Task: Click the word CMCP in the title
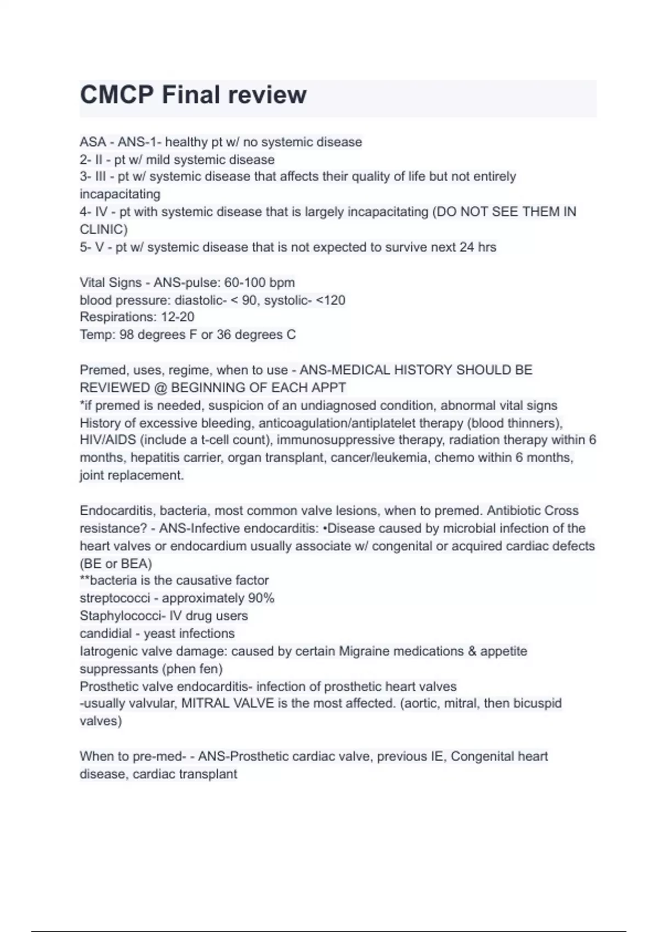[x=116, y=95]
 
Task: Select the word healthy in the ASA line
[x=186, y=142]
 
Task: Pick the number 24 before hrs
[x=467, y=247]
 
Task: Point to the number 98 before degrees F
[x=126, y=334]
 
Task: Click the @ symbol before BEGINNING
[x=161, y=388]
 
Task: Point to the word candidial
[x=106, y=633]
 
